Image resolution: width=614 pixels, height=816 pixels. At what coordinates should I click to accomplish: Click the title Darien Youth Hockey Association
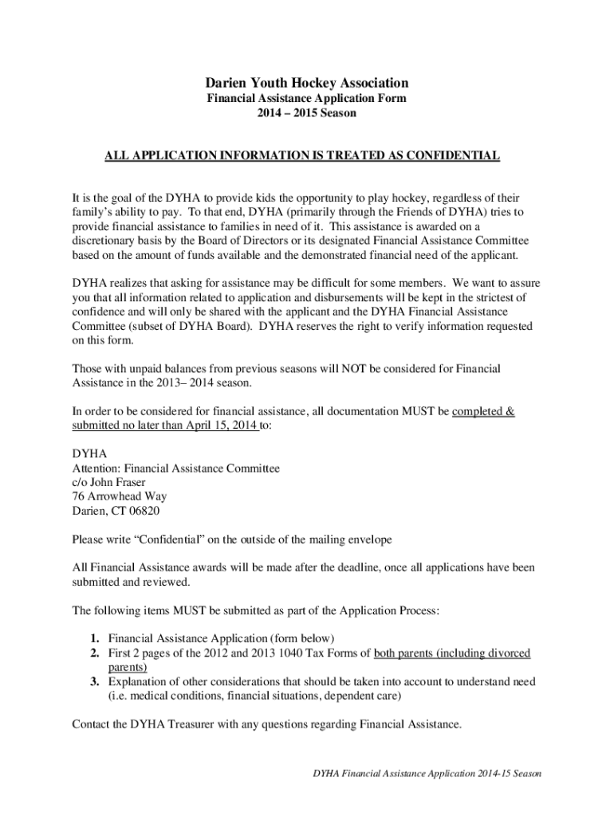click(x=307, y=83)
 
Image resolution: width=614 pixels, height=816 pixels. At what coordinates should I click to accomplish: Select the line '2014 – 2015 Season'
click(x=307, y=113)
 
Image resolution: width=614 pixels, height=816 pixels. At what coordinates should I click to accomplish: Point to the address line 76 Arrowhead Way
click(x=120, y=496)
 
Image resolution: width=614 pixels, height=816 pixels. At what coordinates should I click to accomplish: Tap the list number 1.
click(x=93, y=638)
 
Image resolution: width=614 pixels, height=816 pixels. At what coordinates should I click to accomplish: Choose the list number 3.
click(x=93, y=681)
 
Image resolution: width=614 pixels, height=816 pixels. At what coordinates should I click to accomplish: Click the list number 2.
click(x=93, y=653)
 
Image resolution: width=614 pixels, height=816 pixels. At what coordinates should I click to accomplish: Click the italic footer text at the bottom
click(x=427, y=774)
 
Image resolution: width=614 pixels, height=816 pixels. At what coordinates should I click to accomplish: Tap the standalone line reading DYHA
click(x=89, y=454)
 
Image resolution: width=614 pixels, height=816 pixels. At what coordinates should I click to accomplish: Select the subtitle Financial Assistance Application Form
click(x=307, y=98)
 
